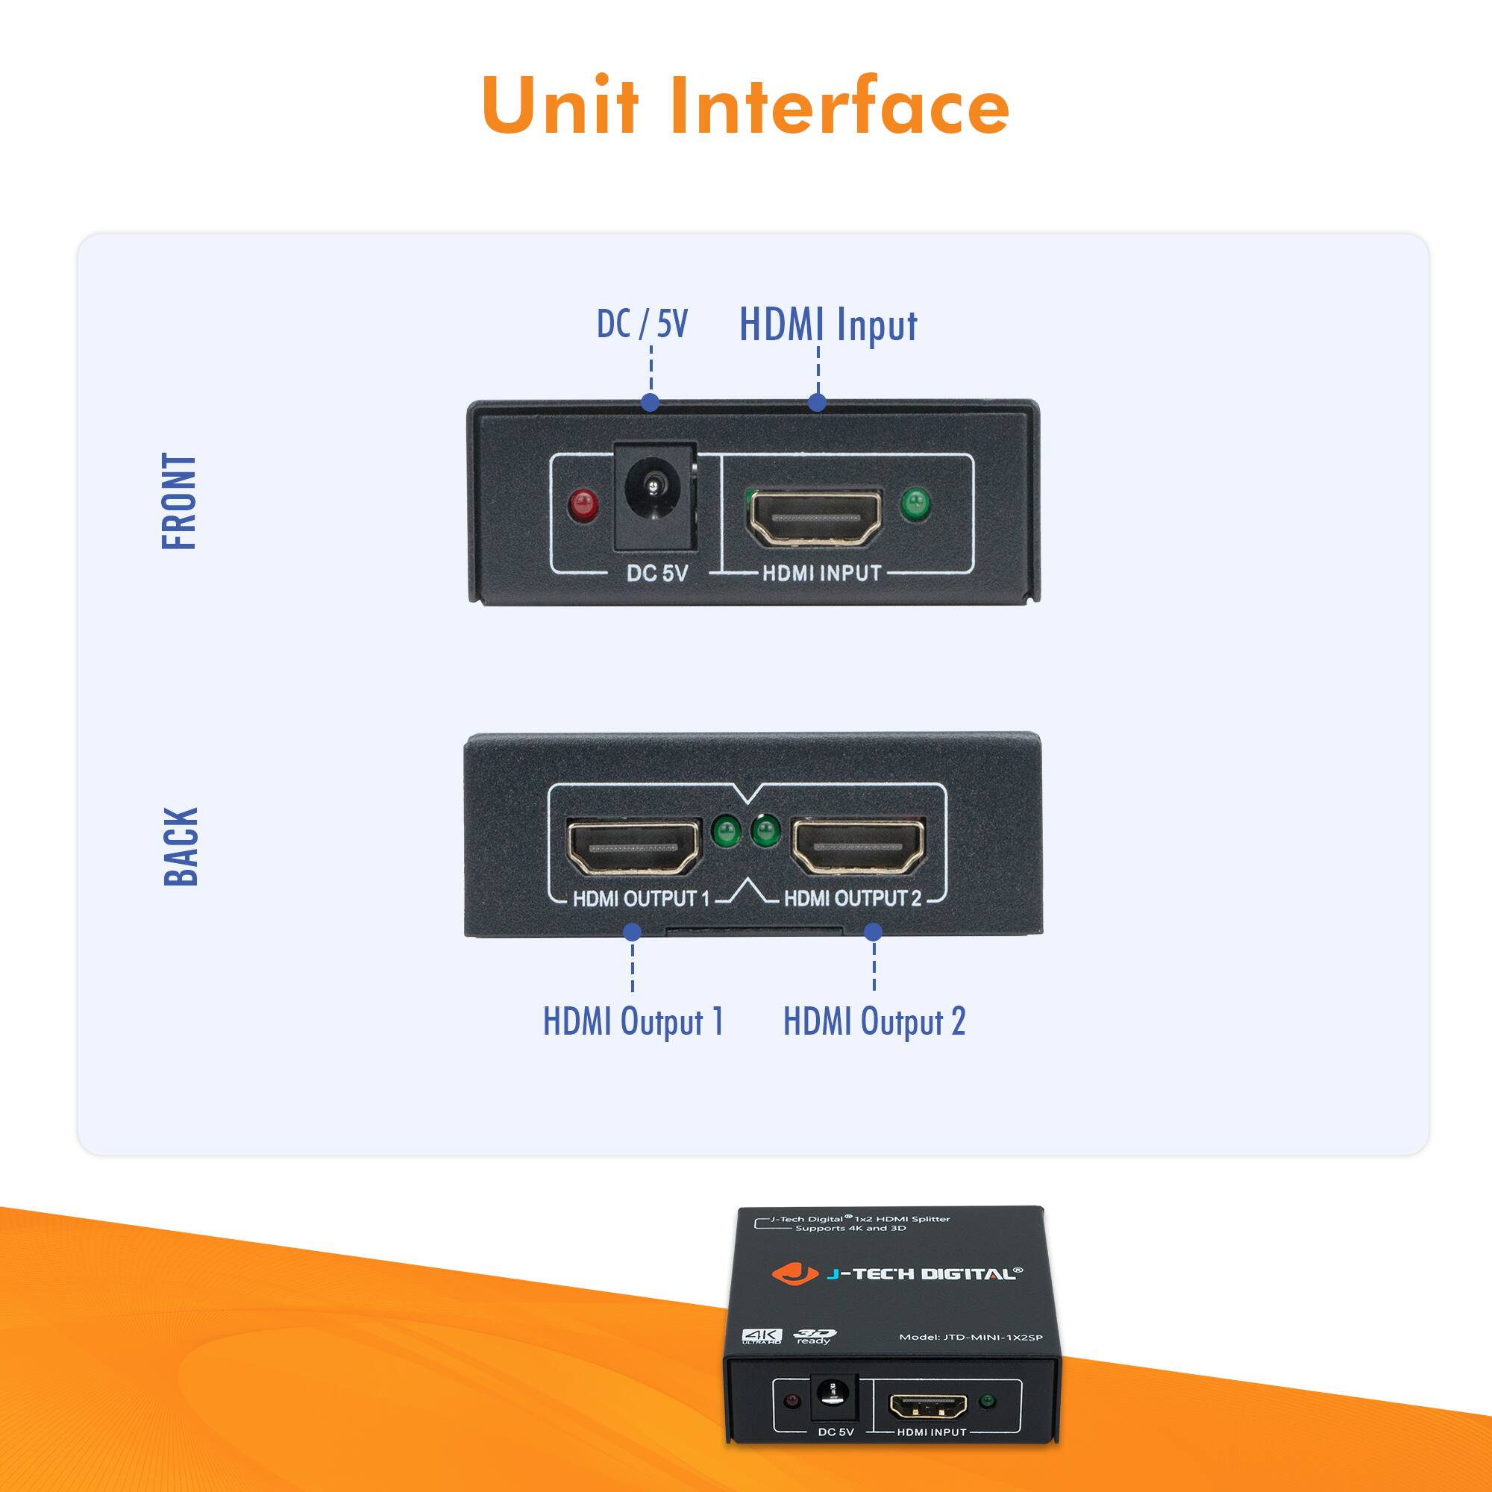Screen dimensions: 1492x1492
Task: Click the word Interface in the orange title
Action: [x=839, y=106]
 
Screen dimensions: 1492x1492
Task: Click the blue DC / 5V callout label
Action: [x=642, y=324]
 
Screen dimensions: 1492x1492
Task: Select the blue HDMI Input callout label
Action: [x=828, y=324]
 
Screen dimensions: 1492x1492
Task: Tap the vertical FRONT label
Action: [x=179, y=501]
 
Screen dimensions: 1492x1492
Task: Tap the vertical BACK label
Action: [x=181, y=847]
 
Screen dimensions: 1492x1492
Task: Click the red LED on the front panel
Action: [x=583, y=505]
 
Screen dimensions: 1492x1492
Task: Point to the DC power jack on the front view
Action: [x=655, y=497]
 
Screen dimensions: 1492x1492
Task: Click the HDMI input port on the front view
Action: [x=815, y=517]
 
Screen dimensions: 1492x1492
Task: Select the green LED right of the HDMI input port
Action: [x=916, y=505]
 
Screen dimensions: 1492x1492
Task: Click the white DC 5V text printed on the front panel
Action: [x=656, y=573]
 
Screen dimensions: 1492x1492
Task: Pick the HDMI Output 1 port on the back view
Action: [x=633, y=847]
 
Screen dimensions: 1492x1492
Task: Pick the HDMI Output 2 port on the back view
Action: [x=858, y=847]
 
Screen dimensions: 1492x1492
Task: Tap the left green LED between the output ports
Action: [x=726, y=832]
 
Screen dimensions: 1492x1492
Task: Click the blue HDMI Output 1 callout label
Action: [x=633, y=1021]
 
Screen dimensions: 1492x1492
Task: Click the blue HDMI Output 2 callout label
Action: [x=874, y=1021]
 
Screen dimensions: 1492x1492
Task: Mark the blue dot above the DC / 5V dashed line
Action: [x=651, y=401]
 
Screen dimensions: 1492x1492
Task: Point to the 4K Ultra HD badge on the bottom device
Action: [x=762, y=1337]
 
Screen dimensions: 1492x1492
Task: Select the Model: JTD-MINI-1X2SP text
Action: [x=971, y=1338]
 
